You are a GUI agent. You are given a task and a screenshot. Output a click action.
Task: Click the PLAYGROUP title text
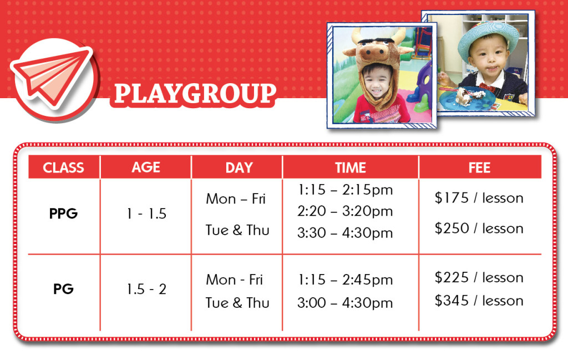[x=195, y=93]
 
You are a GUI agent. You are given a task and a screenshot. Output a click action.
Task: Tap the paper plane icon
[x=50, y=78]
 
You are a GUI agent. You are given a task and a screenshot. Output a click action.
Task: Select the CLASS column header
[x=63, y=168]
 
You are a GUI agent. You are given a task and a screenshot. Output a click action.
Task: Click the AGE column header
[x=146, y=168]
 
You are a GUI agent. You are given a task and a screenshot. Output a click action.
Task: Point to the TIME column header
[x=351, y=168]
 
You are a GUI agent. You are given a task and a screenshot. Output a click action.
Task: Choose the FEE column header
[x=479, y=168]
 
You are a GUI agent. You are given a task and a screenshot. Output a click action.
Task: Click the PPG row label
[x=63, y=214]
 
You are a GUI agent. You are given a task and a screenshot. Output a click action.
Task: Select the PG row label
[x=63, y=288]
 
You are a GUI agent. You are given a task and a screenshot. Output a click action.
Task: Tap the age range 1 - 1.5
[x=146, y=214]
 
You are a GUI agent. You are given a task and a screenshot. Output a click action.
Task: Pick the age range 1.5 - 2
[x=146, y=289]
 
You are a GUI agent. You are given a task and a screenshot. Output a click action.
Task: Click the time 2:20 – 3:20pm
[x=345, y=211]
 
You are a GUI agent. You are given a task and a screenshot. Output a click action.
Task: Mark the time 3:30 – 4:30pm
[x=345, y=232]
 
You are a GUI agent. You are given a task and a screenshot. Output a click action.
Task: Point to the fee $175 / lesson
[x=479, y=197]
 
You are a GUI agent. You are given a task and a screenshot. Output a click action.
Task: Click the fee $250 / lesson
[x=479, y=228]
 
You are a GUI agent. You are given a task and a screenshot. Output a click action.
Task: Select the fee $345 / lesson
[x=479, y=300]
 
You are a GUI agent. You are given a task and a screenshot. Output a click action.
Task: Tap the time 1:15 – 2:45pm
[x=346, y=279]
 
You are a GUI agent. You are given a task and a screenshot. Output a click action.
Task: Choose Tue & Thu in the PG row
[x=237, y=303]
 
